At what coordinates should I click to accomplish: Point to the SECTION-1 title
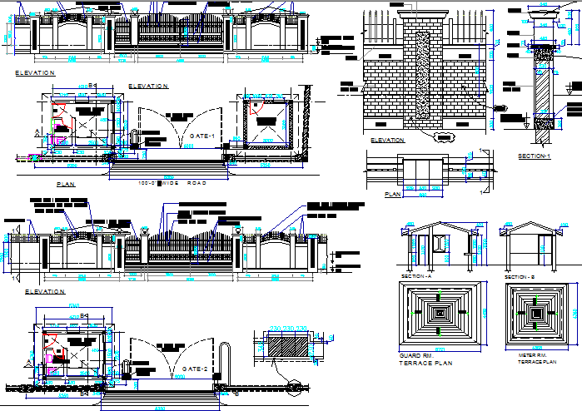point(534,156)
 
